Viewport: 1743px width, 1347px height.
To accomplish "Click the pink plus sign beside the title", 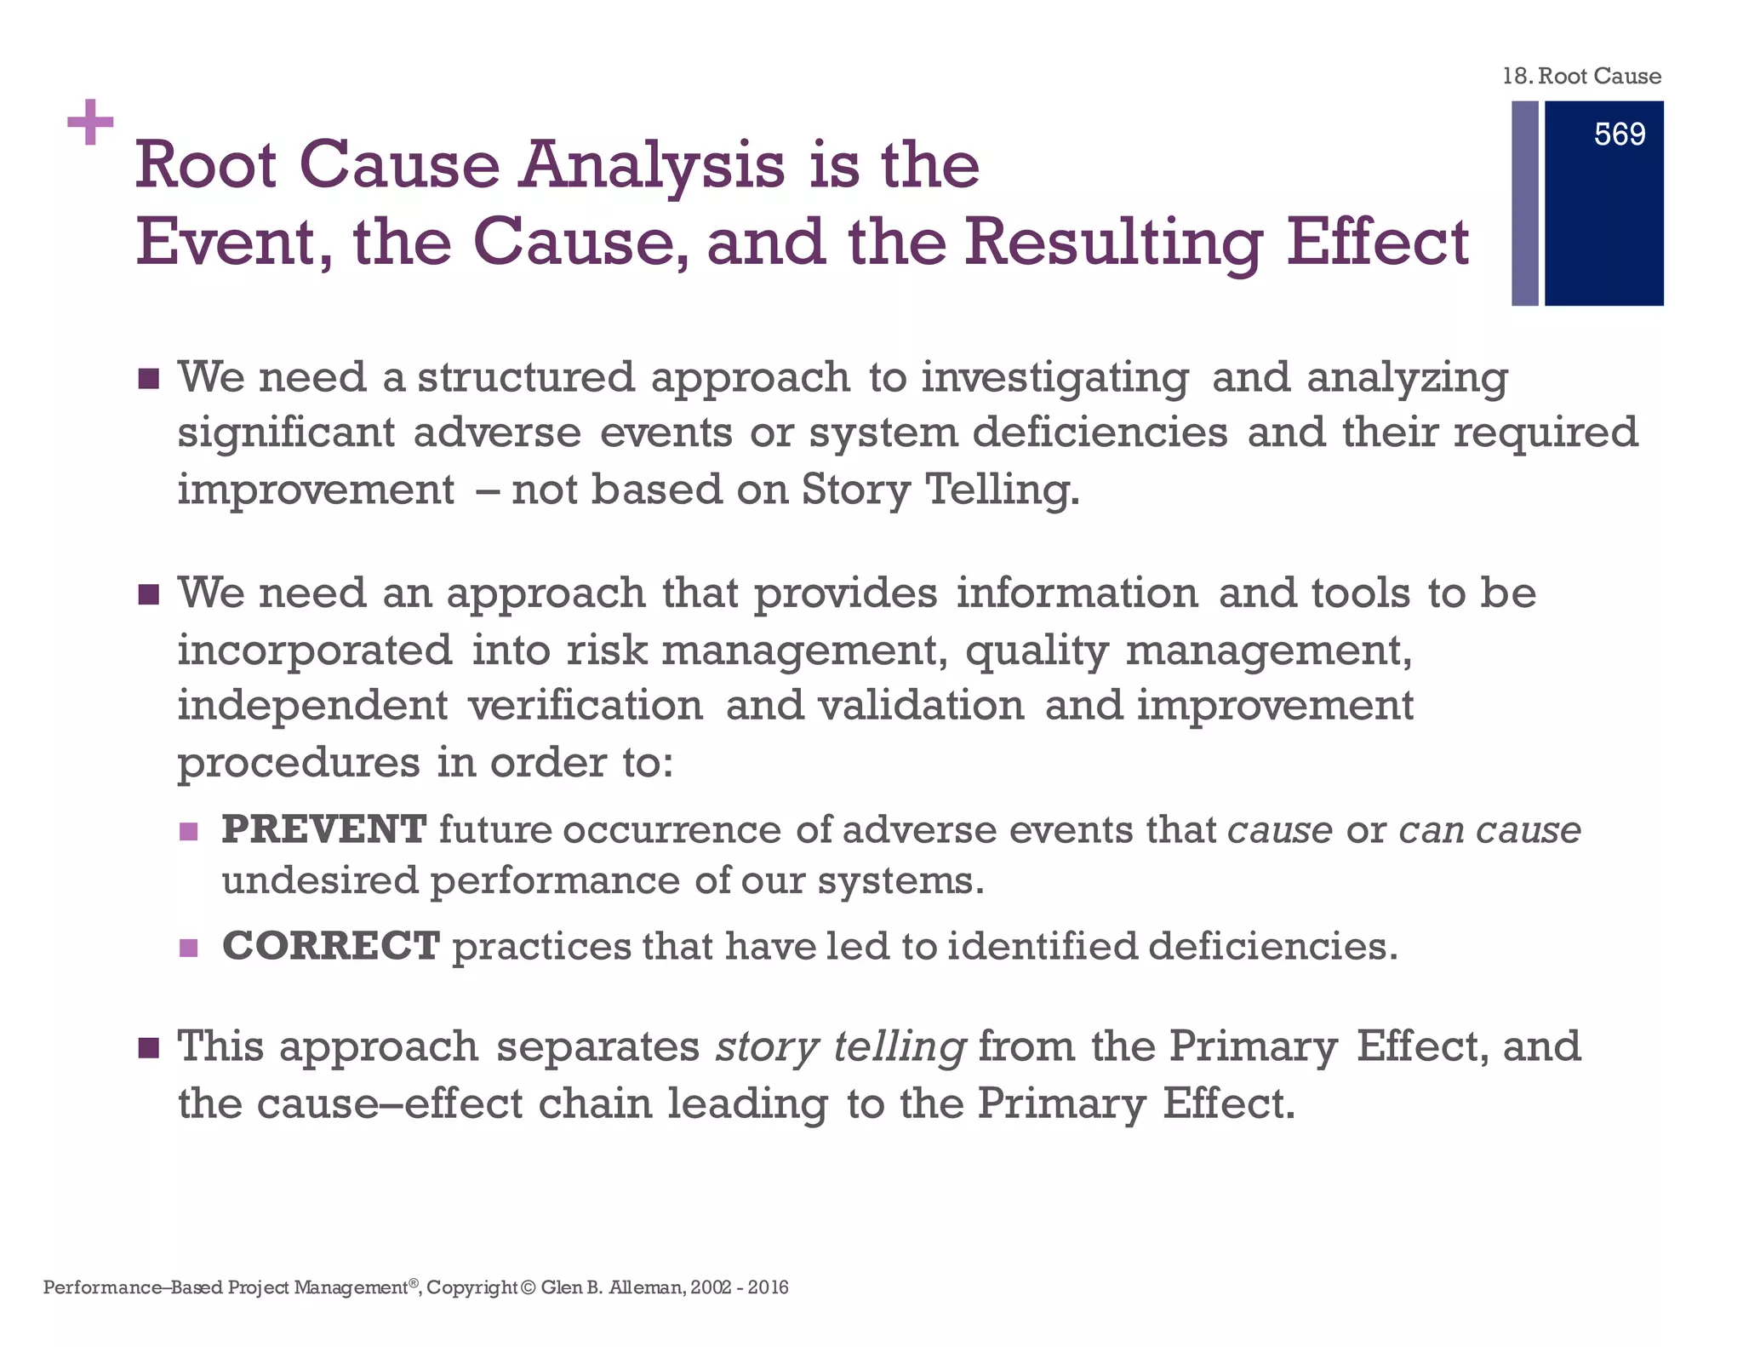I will [90, 123].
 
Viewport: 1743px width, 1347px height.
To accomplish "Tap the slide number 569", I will [1619, 135].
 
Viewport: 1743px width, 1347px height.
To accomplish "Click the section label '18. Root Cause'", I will [1581, 77].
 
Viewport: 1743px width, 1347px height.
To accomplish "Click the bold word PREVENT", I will [324, 829].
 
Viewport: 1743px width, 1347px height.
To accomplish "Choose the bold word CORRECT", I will [331, 946].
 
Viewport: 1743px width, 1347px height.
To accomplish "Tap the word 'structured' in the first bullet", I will [526, 376].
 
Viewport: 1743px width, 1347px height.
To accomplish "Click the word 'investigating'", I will [1055, 378].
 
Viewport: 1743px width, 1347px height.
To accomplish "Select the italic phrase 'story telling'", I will [841, 1046].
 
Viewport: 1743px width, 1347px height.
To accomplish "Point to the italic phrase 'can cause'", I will [1489, 829].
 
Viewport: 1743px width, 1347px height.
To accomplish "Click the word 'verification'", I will [586, 706].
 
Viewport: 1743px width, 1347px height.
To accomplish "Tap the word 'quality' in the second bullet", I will [1037, 651].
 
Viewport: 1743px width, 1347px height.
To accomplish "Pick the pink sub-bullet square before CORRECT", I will [189, 948].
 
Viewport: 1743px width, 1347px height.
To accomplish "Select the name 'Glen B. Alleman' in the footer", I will [612, 1287].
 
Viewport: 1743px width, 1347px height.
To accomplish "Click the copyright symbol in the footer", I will [529, 1287].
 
